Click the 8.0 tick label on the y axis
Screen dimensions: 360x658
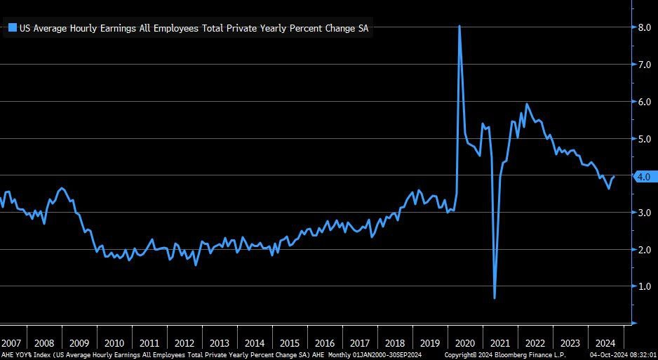click(x=644, y=27)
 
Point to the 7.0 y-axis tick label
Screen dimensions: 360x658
click(x=644, y=65)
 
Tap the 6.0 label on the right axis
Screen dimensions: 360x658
click(x=644, y=102)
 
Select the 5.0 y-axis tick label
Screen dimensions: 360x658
click(x=644, y=139)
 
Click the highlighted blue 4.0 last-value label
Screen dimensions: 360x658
click(x=644, y=177)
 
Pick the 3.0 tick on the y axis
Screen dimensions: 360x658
click(x=644, y=213)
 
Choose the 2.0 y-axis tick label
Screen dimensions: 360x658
click(x=644, y=250)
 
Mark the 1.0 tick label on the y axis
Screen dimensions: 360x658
click(x=644, y=286)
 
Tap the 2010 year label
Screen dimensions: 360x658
click(x=114, y=344)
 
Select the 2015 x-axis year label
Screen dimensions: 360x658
click(x=290, y=344)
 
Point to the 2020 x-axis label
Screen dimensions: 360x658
click(x=465, y=344)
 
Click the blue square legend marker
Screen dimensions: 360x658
click(x=12, y=28)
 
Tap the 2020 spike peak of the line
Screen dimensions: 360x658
click(x=459, y=27)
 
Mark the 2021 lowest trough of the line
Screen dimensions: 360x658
click(x=495, y=298)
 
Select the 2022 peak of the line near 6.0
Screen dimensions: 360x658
click(x=527, y=105)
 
